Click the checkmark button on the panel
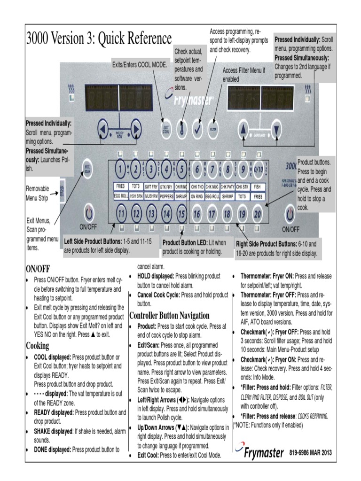click(x=198, y=129)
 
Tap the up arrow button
click(x=243, y=127)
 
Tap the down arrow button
click(x=277, y=127)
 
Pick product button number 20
click(x=257, y=214)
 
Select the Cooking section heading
click(x=38, y=346)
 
